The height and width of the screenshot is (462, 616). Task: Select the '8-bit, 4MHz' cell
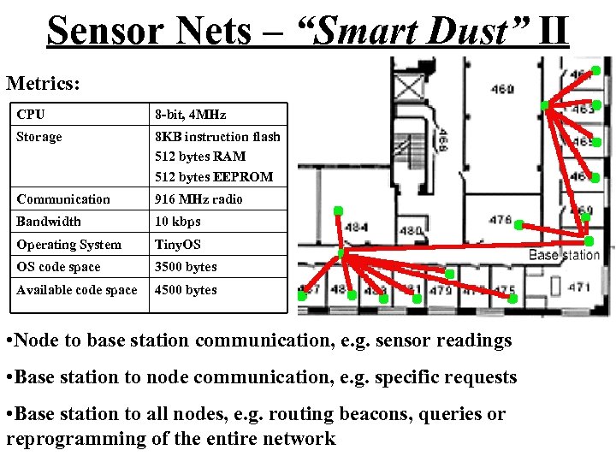(190, 114)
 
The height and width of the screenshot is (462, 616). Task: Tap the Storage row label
(39, 137)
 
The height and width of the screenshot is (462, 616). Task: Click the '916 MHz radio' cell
(198, 199)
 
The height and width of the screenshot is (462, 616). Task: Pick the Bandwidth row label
(49, 222)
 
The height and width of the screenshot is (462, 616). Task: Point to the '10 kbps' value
(177, 222)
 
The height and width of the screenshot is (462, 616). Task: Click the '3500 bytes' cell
(186, 267)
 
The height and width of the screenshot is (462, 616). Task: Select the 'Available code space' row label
(77, 290)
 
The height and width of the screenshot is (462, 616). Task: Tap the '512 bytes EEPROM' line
(214, 177)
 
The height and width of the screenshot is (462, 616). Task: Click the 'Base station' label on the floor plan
(564, 255)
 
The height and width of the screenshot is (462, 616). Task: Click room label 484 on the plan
(356, 228)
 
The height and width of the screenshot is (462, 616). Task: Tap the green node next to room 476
(518, 224)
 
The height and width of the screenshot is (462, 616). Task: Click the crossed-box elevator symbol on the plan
(409, 85)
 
